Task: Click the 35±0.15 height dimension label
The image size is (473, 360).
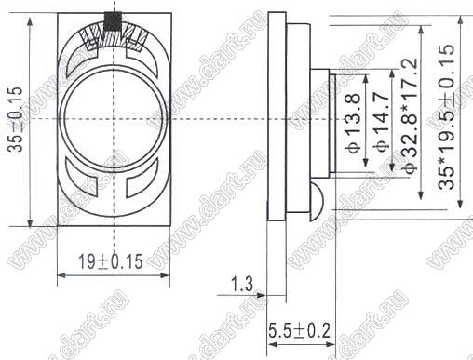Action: click(x=16, y=119)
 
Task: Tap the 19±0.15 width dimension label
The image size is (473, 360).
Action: click(x=110, y=261)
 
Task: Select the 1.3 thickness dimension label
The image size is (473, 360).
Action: click(x=242, y=284)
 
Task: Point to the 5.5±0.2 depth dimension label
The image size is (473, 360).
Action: click(x=299, y=330)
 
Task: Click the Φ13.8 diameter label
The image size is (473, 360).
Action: click(x=354, y=124)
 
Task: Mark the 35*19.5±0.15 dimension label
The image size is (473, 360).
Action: click(x=446, y=117)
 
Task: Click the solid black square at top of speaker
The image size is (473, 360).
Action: click(x=113, y=21)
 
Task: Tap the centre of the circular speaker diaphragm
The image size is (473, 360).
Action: click(x=114, y=119)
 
